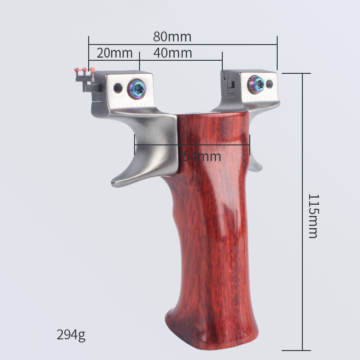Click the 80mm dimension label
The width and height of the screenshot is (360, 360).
click(x=172, y=37)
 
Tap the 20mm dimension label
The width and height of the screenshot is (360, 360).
click(x=115, y=53)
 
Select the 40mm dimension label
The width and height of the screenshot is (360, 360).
click(x=173, y=53)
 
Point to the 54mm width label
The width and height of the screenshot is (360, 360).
click(x=202, y=156)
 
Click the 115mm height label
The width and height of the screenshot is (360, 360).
click(x=313, y=216)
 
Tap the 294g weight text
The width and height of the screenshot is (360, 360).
click(x=71, y=335)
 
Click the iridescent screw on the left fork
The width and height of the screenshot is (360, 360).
click(x=137, y=88)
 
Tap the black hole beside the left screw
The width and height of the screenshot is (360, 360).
click(x=118, y=88)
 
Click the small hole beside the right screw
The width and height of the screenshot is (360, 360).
click(x=270, y=84)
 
